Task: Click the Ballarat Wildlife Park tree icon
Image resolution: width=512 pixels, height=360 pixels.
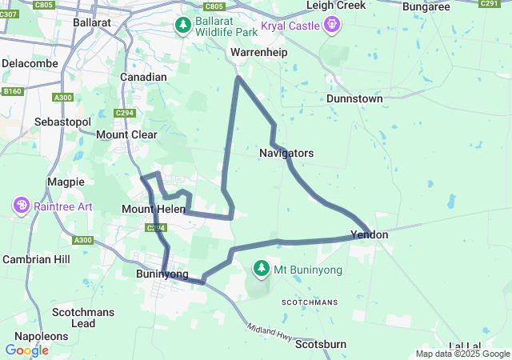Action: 183,26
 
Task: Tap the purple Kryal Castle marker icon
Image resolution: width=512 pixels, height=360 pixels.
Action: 332,26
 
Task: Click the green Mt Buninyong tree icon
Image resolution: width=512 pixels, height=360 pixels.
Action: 261,269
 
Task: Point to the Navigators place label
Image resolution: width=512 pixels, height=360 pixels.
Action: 286,153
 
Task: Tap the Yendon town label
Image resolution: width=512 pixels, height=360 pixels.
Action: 370,235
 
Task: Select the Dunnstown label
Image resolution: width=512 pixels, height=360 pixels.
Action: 354,98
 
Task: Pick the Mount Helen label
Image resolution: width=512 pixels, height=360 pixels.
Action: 147,209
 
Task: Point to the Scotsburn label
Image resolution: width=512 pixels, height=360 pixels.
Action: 321,345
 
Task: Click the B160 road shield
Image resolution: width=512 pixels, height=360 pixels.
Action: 12,92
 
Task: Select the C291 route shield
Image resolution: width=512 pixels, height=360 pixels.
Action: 490,4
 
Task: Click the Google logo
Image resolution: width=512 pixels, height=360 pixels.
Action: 26,350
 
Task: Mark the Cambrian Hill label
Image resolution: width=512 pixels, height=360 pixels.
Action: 36,260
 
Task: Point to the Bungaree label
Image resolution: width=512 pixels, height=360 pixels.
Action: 426,6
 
